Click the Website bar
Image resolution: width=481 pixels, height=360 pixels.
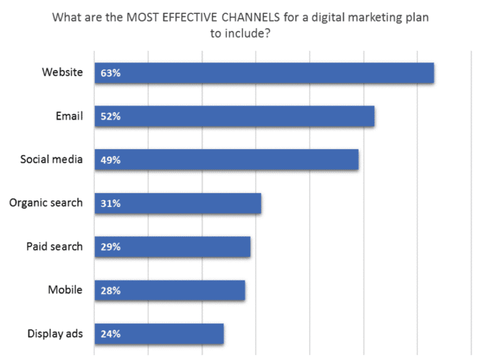(265, 73)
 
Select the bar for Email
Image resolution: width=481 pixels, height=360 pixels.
(234, 116)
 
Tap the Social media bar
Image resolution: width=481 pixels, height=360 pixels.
(227, 159)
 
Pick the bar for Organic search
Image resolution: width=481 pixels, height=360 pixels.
(178, 203)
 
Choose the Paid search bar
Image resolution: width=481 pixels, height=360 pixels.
(172, 247)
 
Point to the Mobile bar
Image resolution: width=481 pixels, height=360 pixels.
(170, 291)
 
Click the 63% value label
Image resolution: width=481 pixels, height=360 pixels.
(110, 73)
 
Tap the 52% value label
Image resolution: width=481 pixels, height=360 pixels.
(110, 116)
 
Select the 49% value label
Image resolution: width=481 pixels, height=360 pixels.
(110, 159)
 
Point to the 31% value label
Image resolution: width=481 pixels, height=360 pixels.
(110, 203)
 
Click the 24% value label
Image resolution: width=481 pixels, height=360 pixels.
(110, 334)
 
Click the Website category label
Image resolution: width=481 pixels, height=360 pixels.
(62, 72)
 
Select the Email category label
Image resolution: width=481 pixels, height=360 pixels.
(69, 115)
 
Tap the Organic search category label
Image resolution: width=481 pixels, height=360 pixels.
(46, 203)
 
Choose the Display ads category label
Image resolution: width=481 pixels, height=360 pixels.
(55, 334)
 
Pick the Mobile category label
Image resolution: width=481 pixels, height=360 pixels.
(65, 290)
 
